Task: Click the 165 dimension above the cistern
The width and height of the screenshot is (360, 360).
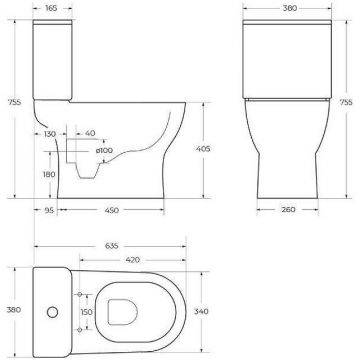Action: click(51, 8)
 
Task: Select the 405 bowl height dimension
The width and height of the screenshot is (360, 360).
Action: click(203, 149)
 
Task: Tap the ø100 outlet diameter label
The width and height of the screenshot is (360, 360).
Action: click(104, 150)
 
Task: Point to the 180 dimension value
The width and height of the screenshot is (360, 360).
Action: click(49, 174)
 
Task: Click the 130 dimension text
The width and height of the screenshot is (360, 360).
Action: click(50, 134)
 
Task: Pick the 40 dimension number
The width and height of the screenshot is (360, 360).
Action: click(90, 133)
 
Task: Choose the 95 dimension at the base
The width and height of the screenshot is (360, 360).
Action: click(49, 210)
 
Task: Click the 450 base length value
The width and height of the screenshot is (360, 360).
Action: click(111, 210)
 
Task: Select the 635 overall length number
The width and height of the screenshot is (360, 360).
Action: click(112, 246)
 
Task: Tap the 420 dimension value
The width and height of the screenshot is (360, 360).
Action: click(133, 260)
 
